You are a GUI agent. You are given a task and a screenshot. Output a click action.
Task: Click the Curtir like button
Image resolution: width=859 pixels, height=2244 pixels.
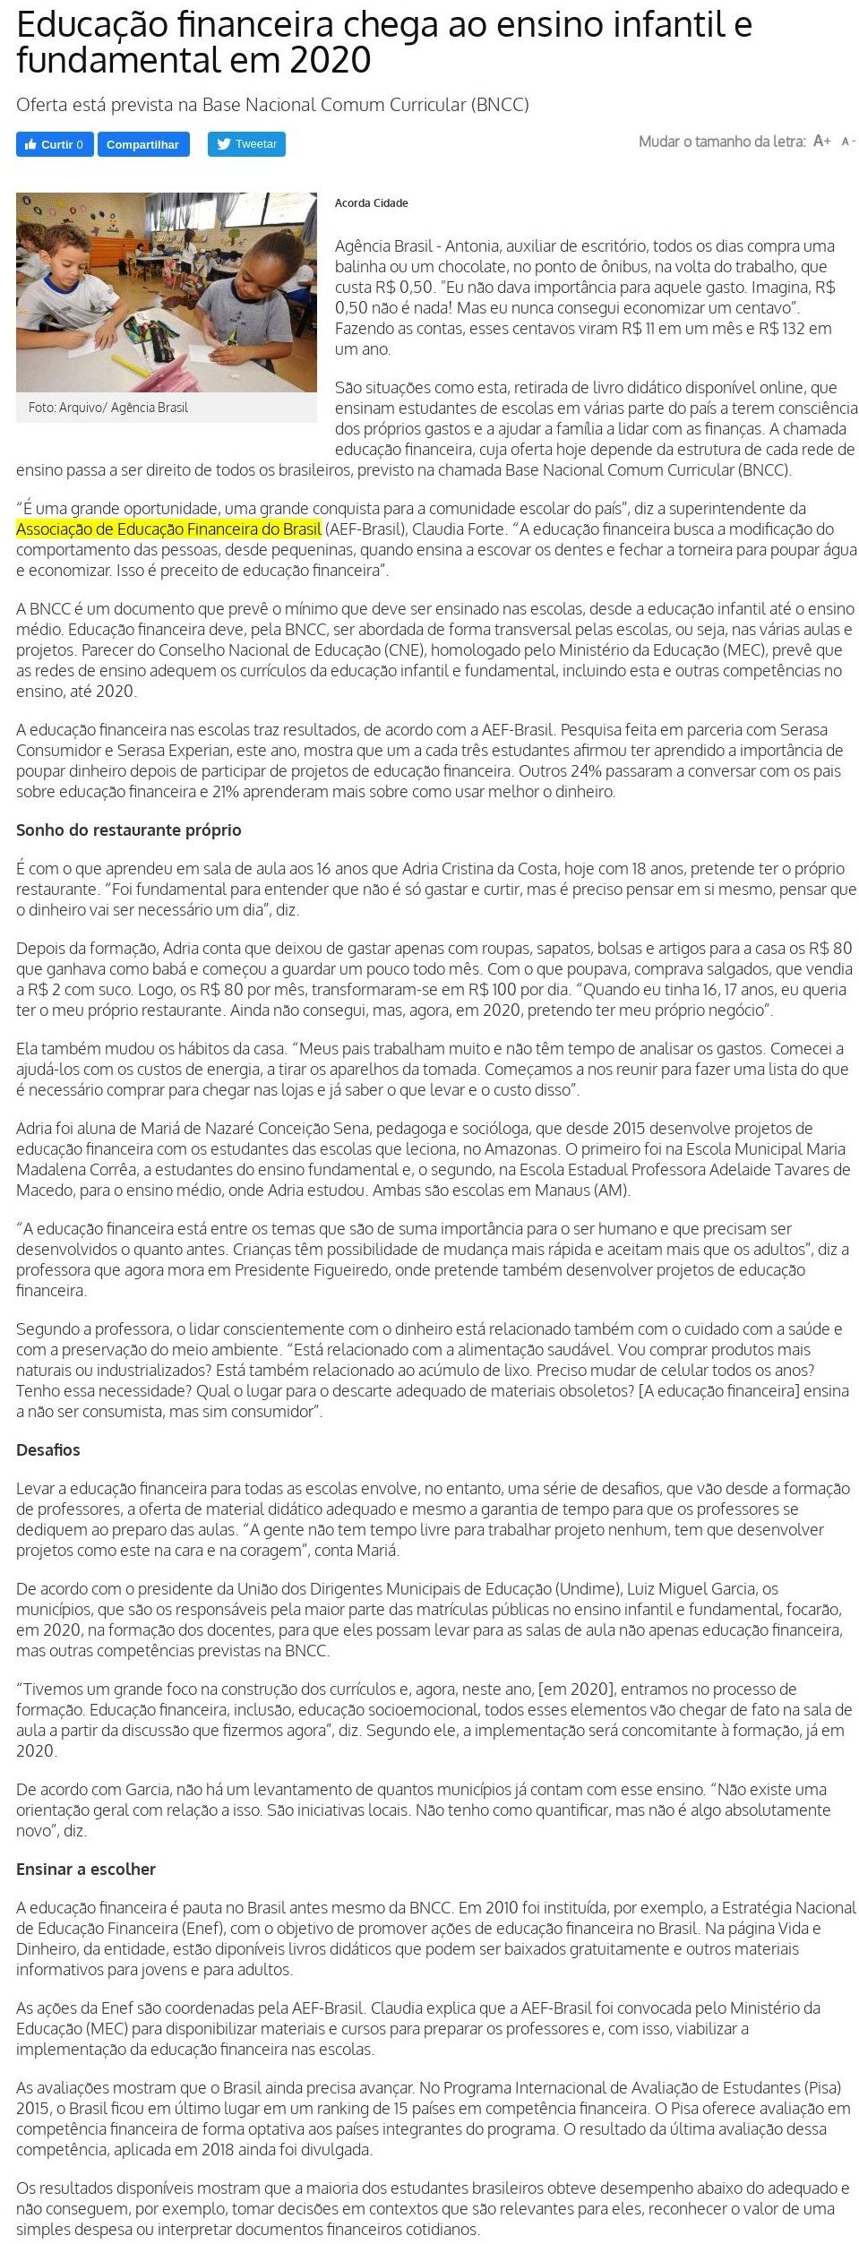tap(55, 144)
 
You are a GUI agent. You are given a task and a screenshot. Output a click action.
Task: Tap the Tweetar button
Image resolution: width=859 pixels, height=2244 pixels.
tap(246, 144)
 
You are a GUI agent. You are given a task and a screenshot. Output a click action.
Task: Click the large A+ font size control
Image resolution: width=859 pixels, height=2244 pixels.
tap(821, 142)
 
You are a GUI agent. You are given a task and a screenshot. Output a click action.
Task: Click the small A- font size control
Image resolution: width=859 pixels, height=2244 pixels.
tap(847, 142)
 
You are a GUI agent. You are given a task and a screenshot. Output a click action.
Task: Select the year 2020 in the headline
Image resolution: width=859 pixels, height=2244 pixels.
tap(331, 61)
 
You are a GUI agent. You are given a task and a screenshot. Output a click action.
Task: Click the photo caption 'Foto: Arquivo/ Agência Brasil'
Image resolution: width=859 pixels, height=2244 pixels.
tap(108, 408)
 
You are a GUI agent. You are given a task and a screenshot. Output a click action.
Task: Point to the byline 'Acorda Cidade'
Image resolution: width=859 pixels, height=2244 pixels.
tap(371, 203)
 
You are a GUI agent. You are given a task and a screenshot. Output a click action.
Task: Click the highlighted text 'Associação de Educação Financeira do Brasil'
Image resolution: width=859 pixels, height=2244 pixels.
tap(168, 529)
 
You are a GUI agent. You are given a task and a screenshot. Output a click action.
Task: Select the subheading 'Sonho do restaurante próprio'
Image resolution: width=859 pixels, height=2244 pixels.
tap(128, 830)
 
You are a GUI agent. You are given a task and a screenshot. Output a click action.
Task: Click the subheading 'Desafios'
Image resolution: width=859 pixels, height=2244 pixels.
tap(48, 1450)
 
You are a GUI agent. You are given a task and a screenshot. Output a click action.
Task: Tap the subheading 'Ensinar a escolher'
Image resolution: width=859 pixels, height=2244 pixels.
tap(86, 1870)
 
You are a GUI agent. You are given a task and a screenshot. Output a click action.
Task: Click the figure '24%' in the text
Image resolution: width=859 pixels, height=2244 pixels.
tap(587, 771)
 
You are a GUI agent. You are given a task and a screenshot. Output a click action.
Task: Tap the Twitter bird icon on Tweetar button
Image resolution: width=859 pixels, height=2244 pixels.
tap(224, 144)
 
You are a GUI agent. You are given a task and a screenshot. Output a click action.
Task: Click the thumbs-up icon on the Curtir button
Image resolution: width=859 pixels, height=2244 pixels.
tap(30, 144)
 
